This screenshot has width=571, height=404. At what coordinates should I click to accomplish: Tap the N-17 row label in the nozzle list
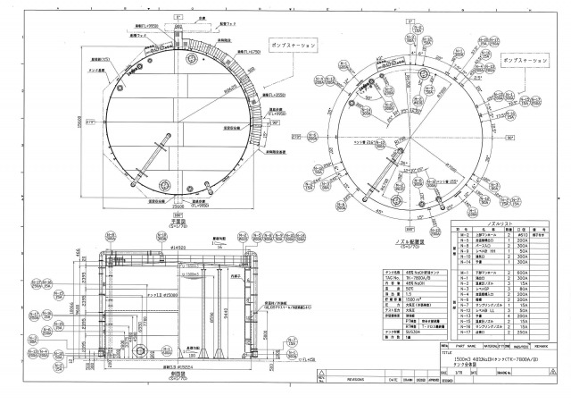(465, 332)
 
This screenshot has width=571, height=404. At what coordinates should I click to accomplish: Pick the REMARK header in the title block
(541, 343)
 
